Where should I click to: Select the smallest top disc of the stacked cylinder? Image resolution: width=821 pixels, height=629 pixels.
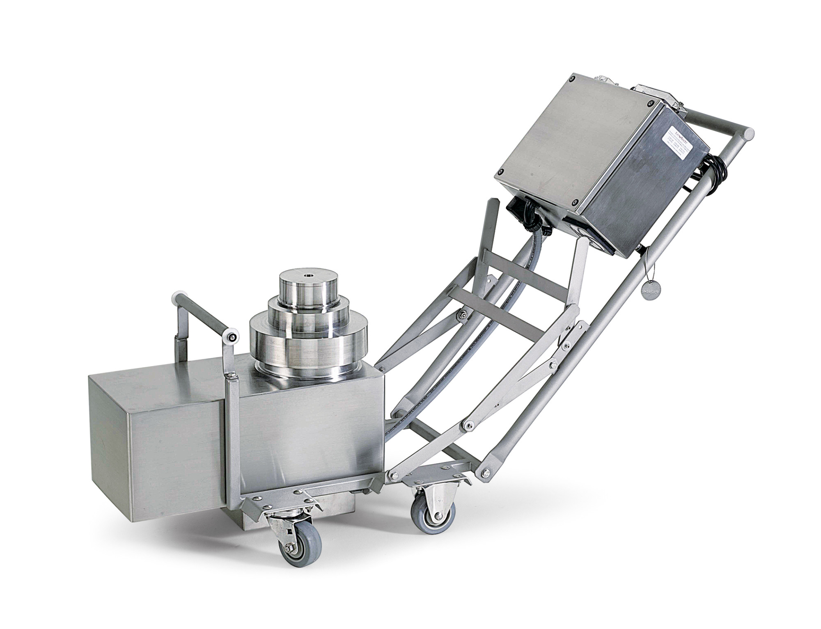pyautogui.click(x=309, y=287)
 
